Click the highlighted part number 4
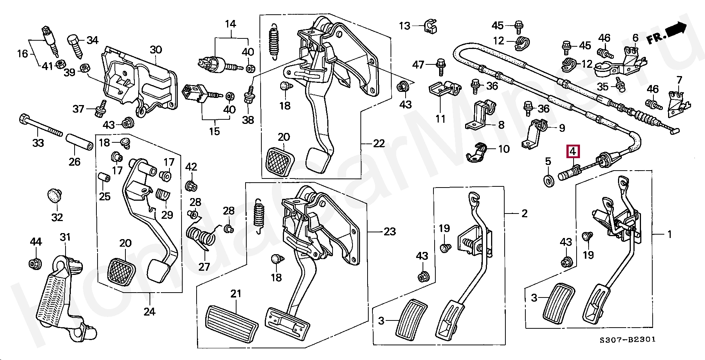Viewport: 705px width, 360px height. (x=572, y=152)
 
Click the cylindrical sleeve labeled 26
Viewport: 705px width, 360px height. (x=80, y=141)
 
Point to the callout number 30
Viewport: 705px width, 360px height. (x=156, y=50)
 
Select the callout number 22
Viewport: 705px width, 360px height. (x=379, y=143)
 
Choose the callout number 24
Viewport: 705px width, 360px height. (x=150, y=312)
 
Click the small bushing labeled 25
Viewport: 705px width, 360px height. (x=104, y=177)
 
